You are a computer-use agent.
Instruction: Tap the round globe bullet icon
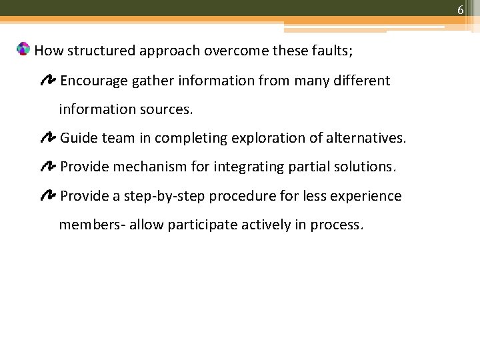click(x=23, y=49)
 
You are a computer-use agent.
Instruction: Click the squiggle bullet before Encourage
click(x=48, y=81)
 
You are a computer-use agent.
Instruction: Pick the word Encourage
click(x=93, y=81)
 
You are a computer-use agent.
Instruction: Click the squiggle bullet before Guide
click(x=48, y=138)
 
